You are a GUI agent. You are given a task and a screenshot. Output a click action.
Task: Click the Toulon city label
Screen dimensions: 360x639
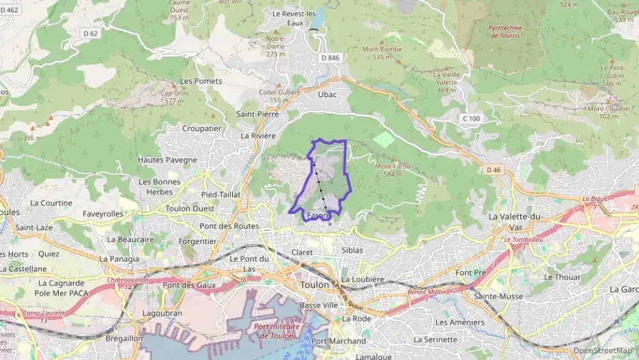coord(315,285)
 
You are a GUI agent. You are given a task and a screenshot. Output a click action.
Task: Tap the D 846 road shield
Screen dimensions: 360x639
coord(330,58)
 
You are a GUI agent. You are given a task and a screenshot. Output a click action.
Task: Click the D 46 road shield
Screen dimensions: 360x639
coord(494,169)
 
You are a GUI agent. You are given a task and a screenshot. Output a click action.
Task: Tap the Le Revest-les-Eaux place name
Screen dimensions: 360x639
coord(295,18)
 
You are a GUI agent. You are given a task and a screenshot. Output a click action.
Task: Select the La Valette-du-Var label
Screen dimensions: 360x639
coord(515,221)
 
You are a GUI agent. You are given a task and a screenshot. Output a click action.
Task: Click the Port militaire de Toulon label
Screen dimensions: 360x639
coord(277,331)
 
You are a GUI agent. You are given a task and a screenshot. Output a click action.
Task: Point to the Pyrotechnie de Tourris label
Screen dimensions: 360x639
coord(505,31)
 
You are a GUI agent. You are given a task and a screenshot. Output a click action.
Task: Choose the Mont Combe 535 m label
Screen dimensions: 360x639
coord(382,53)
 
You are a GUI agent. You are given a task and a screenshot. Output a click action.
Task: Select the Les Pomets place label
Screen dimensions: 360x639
coord(201,81)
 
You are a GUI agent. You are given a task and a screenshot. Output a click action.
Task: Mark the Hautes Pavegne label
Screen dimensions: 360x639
coord(167,160)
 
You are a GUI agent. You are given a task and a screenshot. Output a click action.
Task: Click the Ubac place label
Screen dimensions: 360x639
coord(328,94)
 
